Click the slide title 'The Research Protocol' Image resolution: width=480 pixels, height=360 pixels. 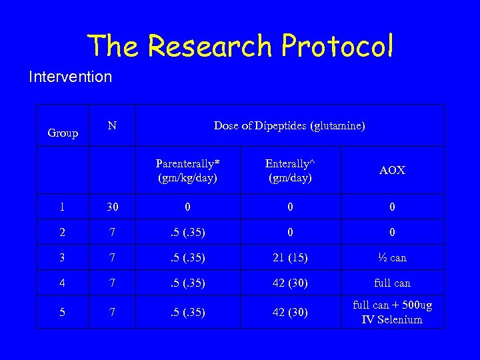coord(240,45)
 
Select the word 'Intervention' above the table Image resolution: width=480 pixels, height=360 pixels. coord(70,77)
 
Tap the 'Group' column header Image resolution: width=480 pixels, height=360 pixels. coord(63,133)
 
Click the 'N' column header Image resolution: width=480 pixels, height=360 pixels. coord(113,125)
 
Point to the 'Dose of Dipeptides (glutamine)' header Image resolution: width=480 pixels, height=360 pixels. coord(289,125)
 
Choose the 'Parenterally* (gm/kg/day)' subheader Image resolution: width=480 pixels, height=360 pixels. coord(188,170)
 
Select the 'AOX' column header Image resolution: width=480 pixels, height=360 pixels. coord(392,171)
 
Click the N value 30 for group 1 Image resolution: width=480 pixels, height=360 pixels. coord(113,207)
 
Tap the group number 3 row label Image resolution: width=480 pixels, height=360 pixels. coord(62,258)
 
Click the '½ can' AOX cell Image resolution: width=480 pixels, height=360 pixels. coord(392,258)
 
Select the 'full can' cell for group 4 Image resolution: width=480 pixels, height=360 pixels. coord(392,283)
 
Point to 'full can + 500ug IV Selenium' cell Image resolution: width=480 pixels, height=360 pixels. coord(392,312)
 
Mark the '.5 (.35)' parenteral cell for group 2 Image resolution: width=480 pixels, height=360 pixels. coord(188,233)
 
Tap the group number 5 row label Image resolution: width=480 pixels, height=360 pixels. coord(62,312)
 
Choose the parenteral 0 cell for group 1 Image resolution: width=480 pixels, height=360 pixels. coord(188,207)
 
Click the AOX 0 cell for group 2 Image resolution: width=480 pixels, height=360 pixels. coord(392,233)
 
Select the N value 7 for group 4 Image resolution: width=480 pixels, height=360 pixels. coord(113,283)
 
